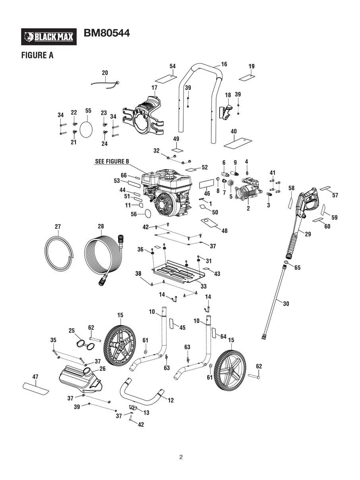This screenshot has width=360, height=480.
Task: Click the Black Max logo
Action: point(48,37)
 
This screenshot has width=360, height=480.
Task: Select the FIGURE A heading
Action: point(37,56)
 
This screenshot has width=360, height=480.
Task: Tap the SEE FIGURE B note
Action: point(112,161)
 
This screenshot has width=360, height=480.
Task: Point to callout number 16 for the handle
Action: point(224,64)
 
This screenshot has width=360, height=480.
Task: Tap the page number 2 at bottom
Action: point(181,457)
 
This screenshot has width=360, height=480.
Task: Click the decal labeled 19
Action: point(247,76)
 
